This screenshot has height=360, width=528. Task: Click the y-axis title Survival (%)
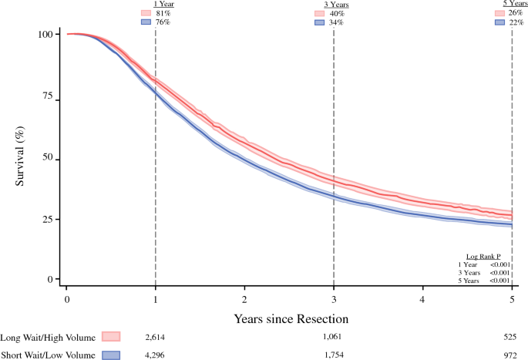[x=19, y=156]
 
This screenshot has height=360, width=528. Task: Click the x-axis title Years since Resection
[x=291, y=318]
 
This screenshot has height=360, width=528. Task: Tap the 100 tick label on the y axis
[x=45, y=35]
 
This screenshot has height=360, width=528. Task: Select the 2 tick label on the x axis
[x=244, y=299]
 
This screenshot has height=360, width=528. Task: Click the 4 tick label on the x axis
[x=422, y=299]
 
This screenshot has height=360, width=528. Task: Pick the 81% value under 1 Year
[x=163, y=13]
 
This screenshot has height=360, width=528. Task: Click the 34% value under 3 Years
[x=336, y=22]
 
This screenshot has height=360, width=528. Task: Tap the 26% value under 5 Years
[x=516, y=13]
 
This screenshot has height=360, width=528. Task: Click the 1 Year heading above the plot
[x=164, y=5]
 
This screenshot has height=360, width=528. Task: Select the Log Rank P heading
[x=483, y=257]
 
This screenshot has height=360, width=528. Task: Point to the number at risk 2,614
[x=155, y=338]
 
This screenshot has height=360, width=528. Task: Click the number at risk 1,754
[x=334, y=355]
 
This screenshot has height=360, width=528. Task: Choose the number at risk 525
[x=510, y=337]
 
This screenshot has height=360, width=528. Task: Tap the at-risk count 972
[x=510, y=355]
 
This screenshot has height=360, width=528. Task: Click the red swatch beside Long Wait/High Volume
[x=111, y=336]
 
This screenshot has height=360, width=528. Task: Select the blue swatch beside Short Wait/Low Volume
[x=111, y=355]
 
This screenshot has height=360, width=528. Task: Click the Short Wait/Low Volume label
[x=48, y=355]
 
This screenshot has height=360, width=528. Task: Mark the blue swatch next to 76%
[x=146, y=22]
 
